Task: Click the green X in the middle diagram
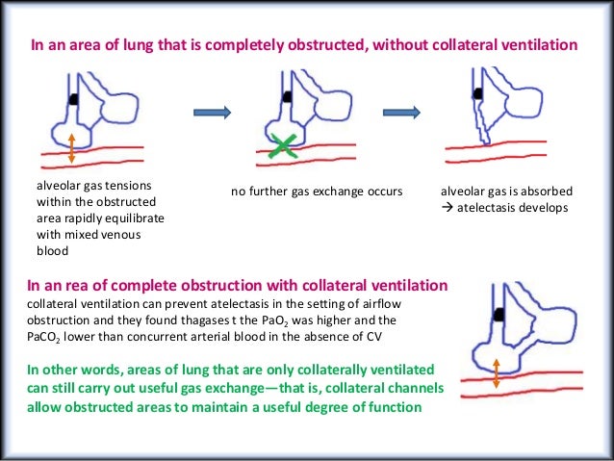click(283, 146)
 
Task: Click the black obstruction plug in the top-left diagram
click(73, 98)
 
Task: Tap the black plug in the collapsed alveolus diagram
click(476, 92)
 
